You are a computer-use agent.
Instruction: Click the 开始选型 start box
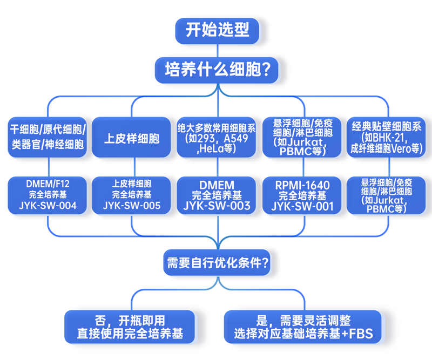click(x=218, y=30)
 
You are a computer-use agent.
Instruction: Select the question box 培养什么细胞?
click(x=218, y=70)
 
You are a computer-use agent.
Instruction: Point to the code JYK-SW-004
click(x=48, y=206)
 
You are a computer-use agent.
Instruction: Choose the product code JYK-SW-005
click(x=132, y=206)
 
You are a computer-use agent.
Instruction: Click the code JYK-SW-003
click(x=217, y=206)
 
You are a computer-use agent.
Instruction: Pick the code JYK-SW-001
click(x=302, y=206)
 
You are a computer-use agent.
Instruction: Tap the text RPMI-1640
click(x=302, y=185)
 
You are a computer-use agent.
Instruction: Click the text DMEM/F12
click(x=48, y=184)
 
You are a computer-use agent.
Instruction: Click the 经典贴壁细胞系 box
click(x=388, y=138)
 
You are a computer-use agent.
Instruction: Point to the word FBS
click(x=361, y=334)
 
